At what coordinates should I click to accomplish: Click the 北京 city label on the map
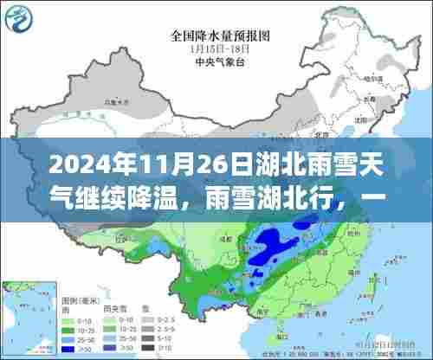[304, 137]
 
